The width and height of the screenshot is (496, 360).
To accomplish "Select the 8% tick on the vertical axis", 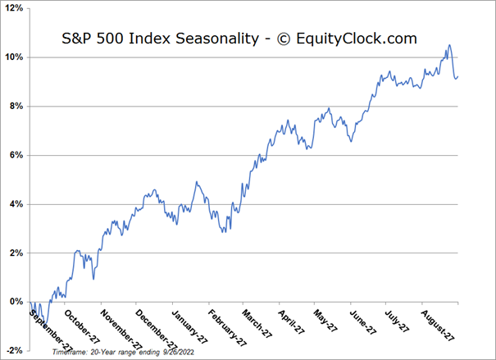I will click(16, 107).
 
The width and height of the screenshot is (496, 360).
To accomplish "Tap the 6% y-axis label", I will click(16, 155).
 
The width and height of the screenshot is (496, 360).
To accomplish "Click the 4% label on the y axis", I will click(16, 204).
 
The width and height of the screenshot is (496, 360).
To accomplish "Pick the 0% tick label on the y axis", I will click(16, 302).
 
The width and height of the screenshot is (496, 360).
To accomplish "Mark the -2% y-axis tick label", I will click(14, 350).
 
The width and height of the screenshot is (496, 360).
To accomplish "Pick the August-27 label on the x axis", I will click(439, 321).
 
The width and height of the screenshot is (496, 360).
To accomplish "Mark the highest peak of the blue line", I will click(449, 45).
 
